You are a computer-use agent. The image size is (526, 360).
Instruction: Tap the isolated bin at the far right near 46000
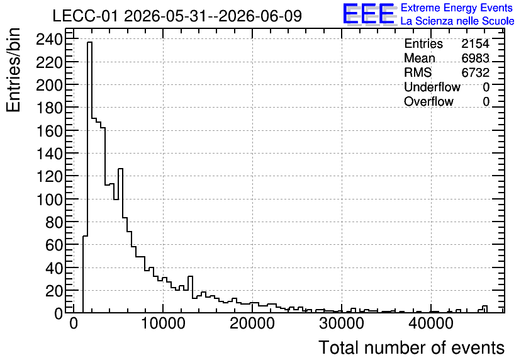484,309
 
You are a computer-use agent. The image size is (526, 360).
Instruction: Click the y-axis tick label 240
50,40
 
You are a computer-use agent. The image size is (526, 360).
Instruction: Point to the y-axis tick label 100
50,200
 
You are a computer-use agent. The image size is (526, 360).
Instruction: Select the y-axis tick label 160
50,131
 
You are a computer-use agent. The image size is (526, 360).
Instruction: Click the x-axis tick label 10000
163,323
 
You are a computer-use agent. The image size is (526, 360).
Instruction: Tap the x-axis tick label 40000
431,323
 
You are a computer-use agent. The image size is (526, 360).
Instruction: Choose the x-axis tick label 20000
252,323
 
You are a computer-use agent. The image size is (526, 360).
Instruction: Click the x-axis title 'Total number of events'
411,347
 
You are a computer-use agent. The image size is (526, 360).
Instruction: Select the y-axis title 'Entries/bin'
13,70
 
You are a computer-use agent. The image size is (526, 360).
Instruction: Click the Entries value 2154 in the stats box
475,43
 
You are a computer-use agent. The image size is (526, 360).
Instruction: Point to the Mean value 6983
475,58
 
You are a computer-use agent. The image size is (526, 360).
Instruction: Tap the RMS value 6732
475,72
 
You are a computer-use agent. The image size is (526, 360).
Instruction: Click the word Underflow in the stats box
432,87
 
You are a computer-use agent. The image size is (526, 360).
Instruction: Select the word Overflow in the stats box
428,101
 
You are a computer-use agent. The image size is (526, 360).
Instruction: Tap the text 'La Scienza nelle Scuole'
457,21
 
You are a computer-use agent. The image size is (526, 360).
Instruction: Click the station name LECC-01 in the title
86,16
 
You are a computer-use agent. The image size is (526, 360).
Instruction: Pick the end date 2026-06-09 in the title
260,16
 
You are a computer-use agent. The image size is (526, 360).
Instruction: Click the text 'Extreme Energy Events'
457,8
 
